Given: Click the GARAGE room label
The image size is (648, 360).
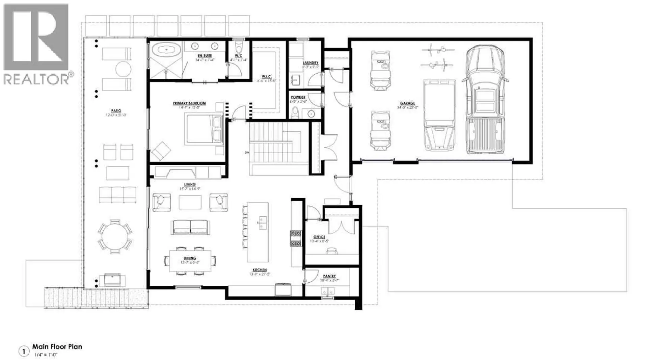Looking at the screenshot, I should [x=407, y=103].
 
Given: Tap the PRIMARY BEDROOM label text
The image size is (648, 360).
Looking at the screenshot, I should [x=189, y=103].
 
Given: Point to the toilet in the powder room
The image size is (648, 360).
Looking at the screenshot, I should [x=295, y=112].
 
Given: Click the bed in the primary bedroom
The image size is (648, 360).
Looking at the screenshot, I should [x=204, y=129].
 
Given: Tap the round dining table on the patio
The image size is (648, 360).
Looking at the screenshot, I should [x=115, y=235].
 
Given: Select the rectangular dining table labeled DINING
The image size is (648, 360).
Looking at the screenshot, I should [x=190, y=261].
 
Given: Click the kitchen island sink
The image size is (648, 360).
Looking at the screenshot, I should [x=263, y=223].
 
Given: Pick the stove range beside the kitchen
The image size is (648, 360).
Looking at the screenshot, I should [x=295, y=238].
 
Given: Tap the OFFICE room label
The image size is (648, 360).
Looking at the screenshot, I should [x=319, y=237].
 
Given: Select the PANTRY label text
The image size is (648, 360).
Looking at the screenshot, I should [x=329, y=276].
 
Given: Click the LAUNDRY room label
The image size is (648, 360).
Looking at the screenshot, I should [x=310, y=63].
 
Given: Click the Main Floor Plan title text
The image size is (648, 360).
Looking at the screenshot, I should [x=57, y=347].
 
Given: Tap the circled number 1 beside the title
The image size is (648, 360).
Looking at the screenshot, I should [x=24, y=352].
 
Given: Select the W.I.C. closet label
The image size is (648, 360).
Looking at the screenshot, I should [x=266, y=77].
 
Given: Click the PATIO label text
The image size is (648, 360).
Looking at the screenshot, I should [x=116, y=111].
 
